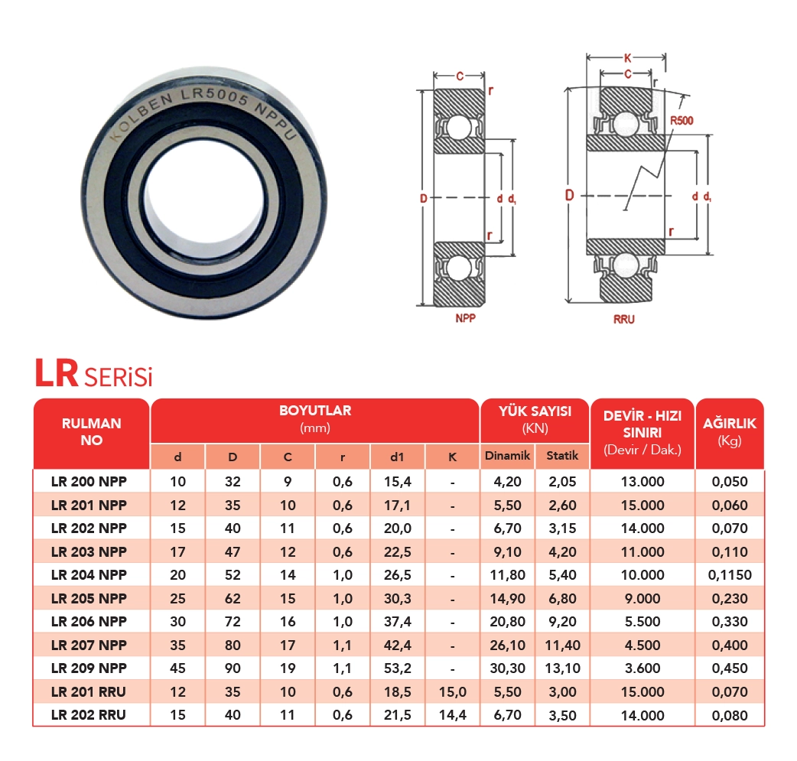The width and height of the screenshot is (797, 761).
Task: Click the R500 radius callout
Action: pos(681,121)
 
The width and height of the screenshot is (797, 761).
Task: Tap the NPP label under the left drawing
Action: pos(465,318)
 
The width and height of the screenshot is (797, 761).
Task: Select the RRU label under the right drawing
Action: pos(623,319)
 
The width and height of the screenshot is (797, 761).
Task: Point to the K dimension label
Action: pos(628,58)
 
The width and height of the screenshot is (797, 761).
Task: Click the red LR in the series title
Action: pos(57,373)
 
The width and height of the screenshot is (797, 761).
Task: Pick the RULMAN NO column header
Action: pos(92,431)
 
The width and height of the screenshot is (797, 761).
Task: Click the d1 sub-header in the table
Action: pos(397,457)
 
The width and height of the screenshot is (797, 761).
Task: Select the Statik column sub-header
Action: pos(562,456)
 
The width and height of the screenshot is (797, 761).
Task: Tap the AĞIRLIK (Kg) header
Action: pos(730,431)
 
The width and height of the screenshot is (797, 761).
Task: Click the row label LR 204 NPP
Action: pos(89,575)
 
